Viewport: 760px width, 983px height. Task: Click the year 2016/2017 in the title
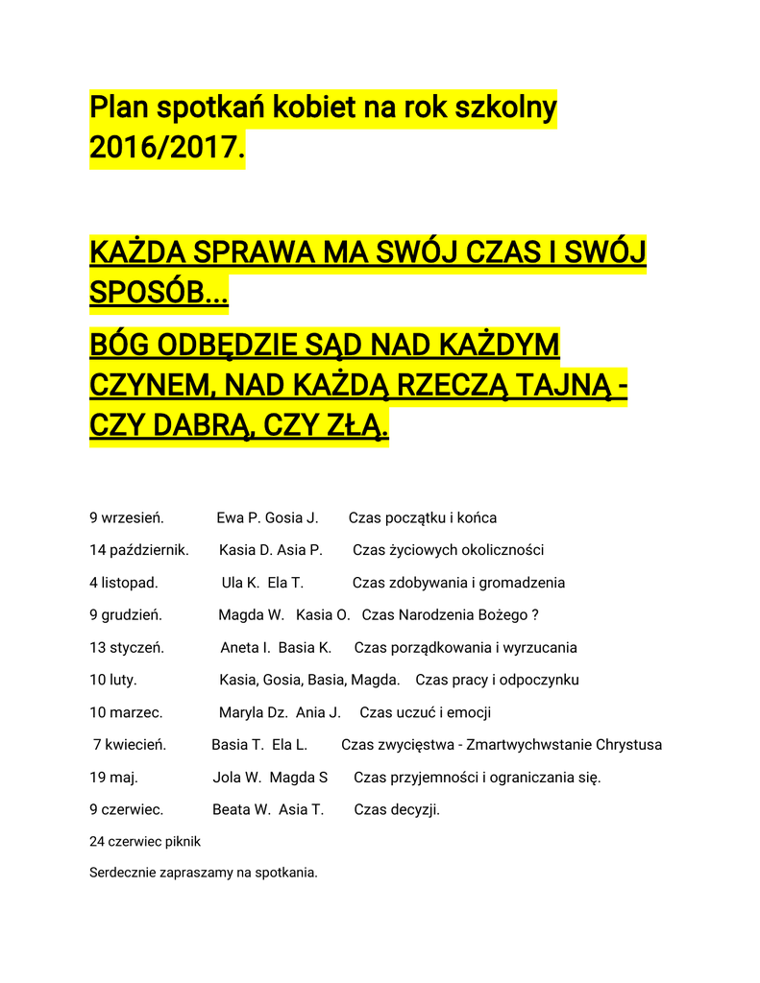coord(165,149)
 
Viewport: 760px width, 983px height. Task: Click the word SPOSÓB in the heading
coord(159,293)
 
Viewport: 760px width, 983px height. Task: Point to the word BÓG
coord(119,345)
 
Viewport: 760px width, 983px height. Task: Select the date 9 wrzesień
coord(127,518)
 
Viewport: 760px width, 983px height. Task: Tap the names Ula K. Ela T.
coord(262,583)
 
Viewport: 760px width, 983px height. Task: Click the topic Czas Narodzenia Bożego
coord(445,615)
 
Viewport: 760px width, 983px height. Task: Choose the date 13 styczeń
coord(127,648)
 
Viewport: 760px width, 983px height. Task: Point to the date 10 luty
coord(113,680)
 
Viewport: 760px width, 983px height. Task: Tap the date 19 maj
coord(113,778)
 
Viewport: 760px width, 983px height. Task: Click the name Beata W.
coord(241,809)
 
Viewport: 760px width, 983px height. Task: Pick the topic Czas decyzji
coord(397,809)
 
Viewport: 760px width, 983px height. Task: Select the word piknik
coord(183,842)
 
